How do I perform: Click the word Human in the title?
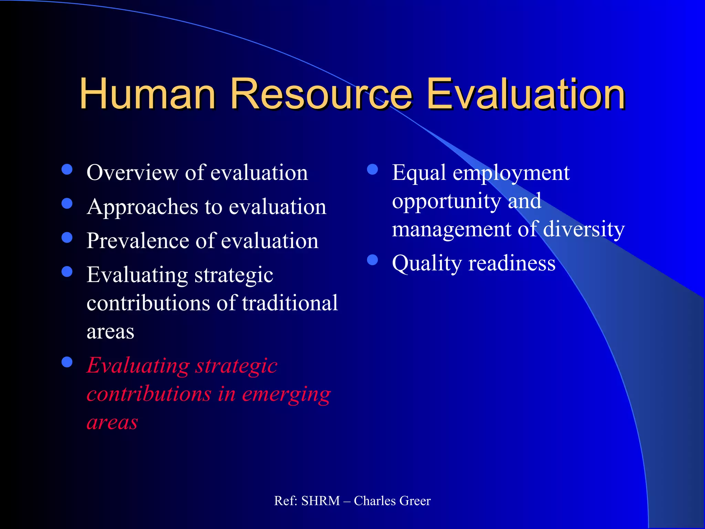pyautogui.click(x=147, y=94)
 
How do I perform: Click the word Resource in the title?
pyautogui.click(x=320, y=94)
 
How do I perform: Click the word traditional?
pyautogui.click(x=290, y=303)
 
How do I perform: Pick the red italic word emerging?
pyautogui.click(x=286, y=394)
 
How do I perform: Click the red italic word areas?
pyautogui.click(x=112, y=423)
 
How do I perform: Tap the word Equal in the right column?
pyautogui.click(x=419, y=173)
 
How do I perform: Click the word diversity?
pyautogui.click(x=584, y=229)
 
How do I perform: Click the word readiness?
pyautogui.click(x=512, y=263)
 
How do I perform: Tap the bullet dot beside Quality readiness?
pyautogui.click(x=372, y=260)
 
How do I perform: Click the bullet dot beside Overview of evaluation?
pyautogui.click(x=67, y=169)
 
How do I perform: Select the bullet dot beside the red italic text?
pyautogui.click(x=67, y=362)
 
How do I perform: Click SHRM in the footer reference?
pyautogui.click(x=320, y=501)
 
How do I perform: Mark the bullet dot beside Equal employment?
pyautogui.click(x=372, y=169)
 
